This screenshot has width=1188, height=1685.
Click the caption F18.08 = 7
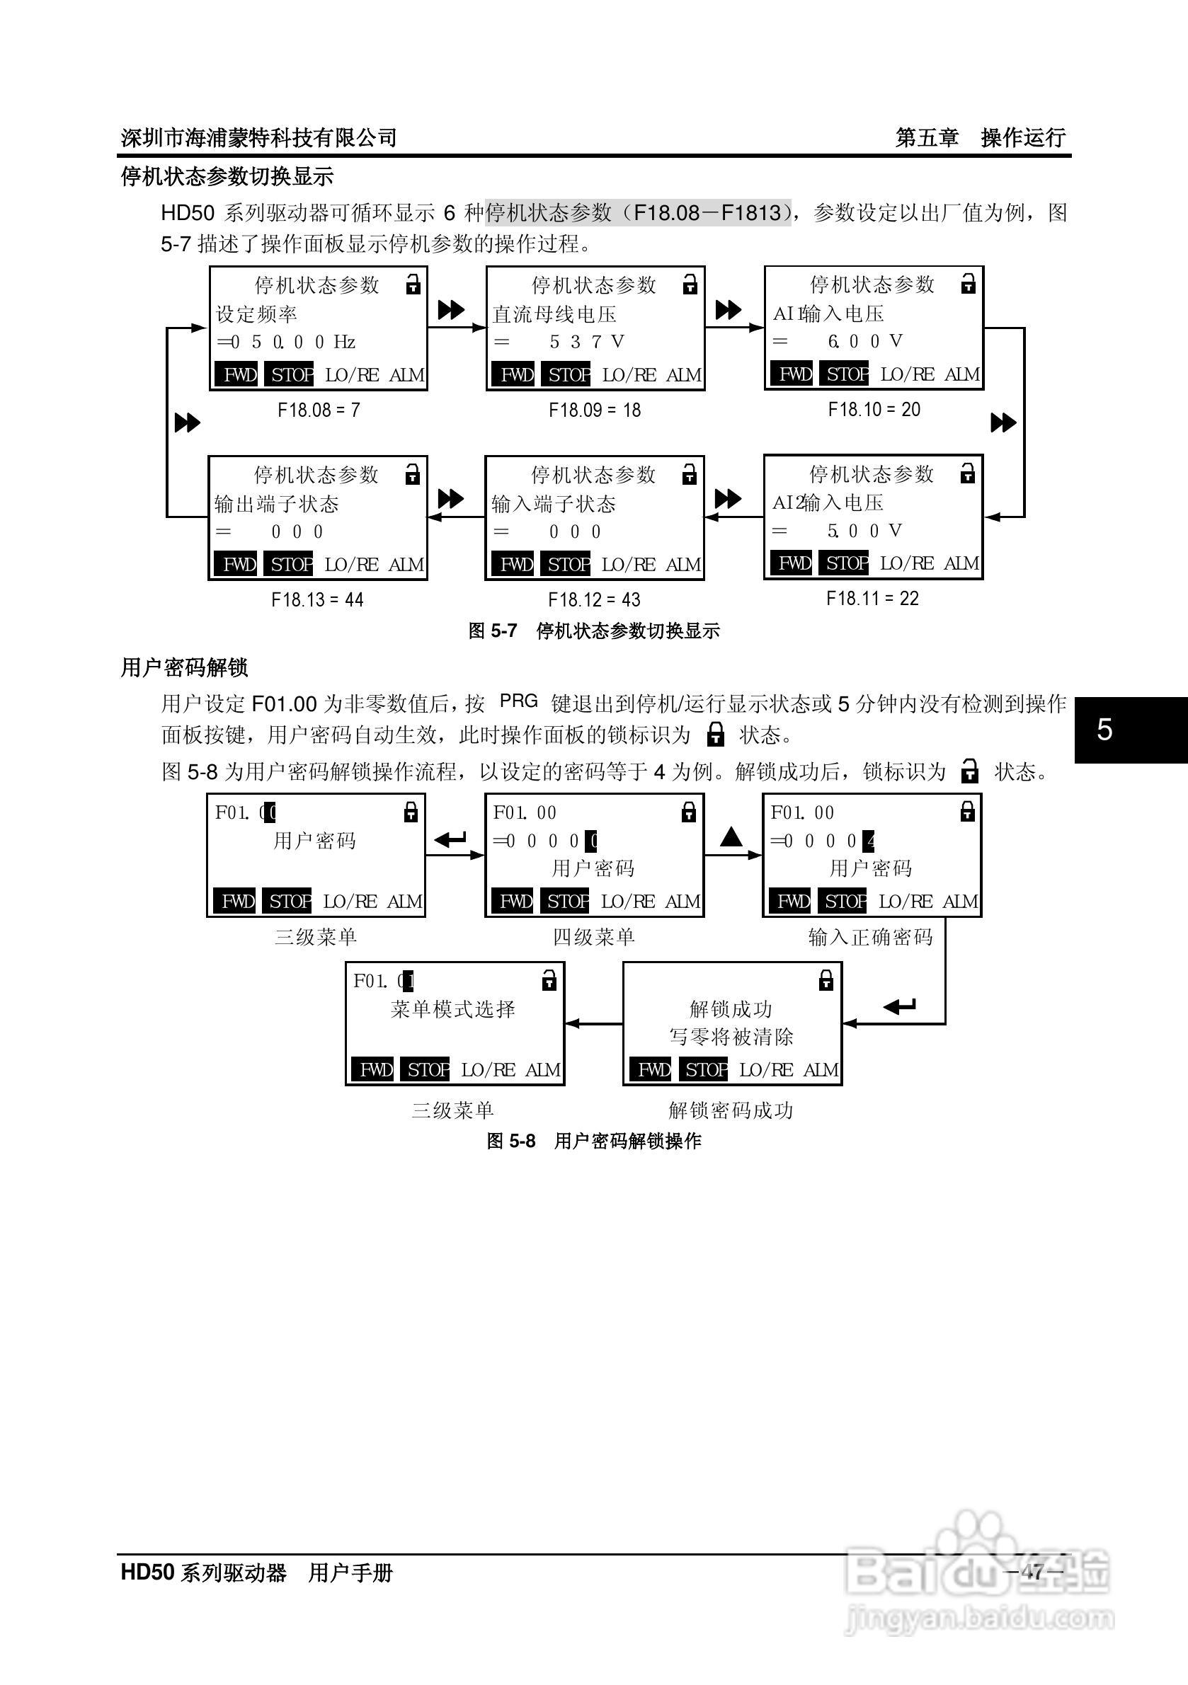(319, 410)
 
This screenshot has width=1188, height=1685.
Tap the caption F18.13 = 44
(317, 600)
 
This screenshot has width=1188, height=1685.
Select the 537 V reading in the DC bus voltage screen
(586, 342)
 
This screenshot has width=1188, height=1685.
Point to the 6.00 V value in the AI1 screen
(864, 341)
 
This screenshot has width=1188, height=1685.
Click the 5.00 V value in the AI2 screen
(864, 531)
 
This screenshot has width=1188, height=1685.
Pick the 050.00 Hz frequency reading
(292, 342)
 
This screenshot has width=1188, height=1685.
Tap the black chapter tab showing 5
(1130, 730)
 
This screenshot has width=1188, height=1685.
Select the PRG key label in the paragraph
(518, 701)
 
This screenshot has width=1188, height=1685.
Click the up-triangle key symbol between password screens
(731, 836)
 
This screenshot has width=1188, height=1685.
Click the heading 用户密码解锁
(184, 668)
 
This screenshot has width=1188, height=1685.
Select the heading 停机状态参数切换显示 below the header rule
(227, 177)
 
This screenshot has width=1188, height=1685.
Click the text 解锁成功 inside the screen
(731, 1009)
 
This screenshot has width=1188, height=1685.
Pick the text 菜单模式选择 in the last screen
(453, 1009)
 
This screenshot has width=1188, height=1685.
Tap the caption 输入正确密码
(870, 937)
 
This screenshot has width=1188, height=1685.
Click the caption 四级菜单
(593, 937)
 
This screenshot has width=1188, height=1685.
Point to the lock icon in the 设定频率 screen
(413, 284)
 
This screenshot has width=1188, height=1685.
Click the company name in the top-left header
(258, 137)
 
